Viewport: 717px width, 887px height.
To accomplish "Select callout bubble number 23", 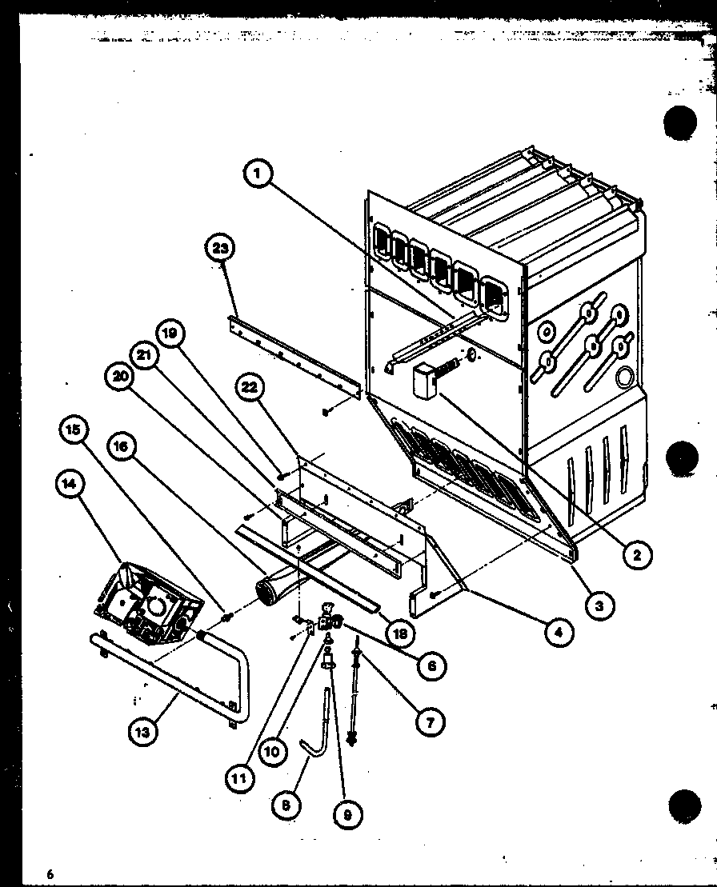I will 220,249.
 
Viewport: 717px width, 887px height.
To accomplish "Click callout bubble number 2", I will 637,553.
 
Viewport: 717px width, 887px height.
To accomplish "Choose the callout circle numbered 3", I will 599,605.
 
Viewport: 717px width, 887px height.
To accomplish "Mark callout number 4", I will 559,633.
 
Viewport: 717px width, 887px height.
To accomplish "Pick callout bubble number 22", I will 250,388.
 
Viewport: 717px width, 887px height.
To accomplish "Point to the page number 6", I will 50,873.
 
